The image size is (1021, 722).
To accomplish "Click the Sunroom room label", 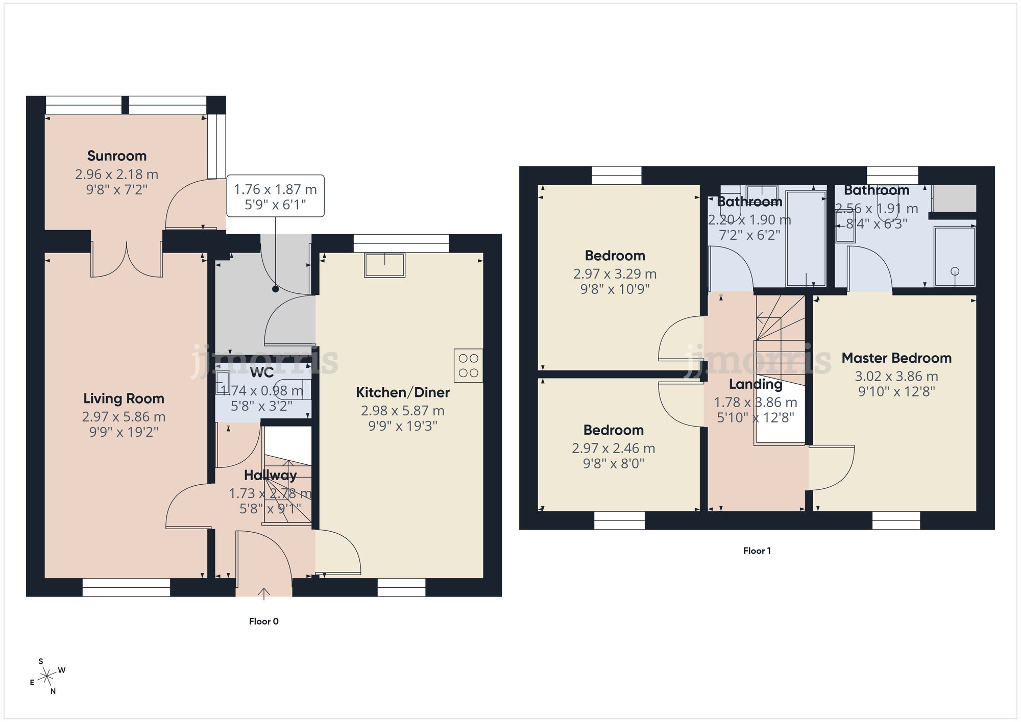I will coord(116,156).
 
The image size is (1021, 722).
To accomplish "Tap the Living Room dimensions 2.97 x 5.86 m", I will coord(124,417).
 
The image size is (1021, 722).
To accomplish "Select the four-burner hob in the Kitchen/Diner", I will coord(468,365).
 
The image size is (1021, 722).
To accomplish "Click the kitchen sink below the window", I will coord(384,265).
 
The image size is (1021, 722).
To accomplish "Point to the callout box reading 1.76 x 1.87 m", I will coord(275,196).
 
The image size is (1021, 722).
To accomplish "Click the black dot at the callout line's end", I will coord(275,289).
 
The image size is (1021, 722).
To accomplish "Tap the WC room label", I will coord(261,372).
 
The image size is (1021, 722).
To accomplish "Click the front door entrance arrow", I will coord(263,592).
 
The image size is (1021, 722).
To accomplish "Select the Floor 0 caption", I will coord(263,621).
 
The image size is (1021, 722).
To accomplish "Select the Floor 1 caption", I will coord(757,551).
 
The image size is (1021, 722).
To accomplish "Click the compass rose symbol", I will coord(47,677).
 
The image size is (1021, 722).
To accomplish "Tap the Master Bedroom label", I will coord(896,358).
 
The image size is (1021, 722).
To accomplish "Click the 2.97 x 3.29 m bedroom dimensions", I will coord(615,274).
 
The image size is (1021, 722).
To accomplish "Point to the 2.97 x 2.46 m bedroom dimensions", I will coord(613,449).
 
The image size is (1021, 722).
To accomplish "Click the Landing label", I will coord(755,384).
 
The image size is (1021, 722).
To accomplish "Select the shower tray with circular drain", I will coord(954,256).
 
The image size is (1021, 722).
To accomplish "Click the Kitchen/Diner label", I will coord(402,392).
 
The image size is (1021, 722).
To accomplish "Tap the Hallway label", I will coord(270,475).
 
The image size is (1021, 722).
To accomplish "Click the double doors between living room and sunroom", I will coord(127,260).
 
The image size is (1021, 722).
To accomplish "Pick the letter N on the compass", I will coord(53,691).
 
